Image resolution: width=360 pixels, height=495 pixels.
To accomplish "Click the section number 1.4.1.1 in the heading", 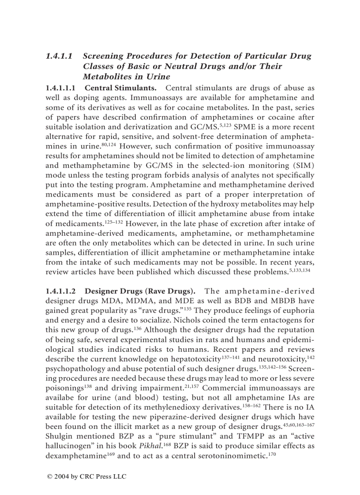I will [x=60, y=56].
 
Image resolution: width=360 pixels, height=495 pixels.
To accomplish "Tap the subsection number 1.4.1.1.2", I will [x=61, y=291].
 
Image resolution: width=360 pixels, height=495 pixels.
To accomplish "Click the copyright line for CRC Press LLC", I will [x=86, y=477].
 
